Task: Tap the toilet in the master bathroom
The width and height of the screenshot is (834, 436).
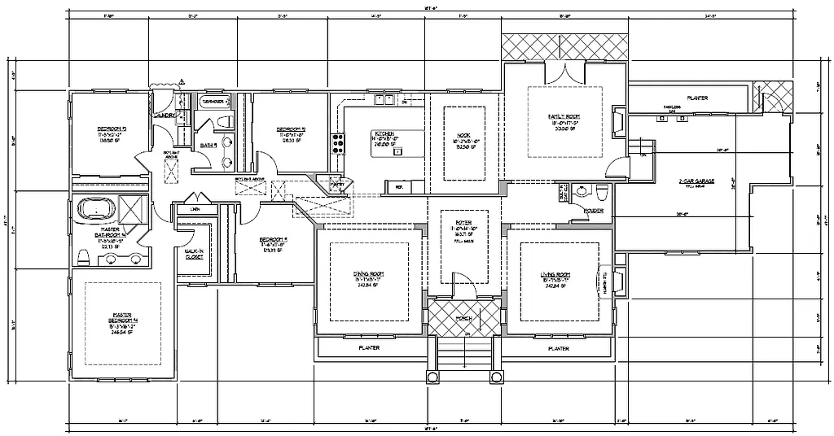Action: [83, 259]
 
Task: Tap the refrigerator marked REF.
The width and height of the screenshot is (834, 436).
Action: [399, 187]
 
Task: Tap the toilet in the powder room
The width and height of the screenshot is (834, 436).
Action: [601, 192]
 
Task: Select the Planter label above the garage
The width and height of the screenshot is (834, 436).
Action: [697, 98]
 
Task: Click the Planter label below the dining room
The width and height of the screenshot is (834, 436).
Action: [369, 347]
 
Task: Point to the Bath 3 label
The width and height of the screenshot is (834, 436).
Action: [208, 146]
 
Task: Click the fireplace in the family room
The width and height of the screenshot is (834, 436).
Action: [617, 122]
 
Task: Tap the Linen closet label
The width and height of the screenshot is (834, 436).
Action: [194, 209]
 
